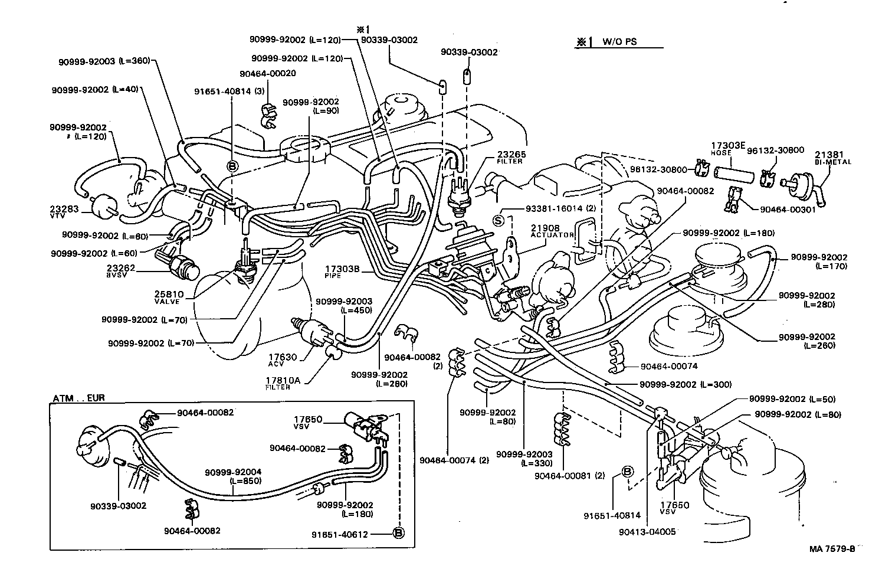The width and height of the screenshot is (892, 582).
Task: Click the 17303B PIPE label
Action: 342,272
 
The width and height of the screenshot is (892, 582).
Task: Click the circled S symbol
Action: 498,221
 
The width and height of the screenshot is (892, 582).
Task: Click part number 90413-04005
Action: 647,531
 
